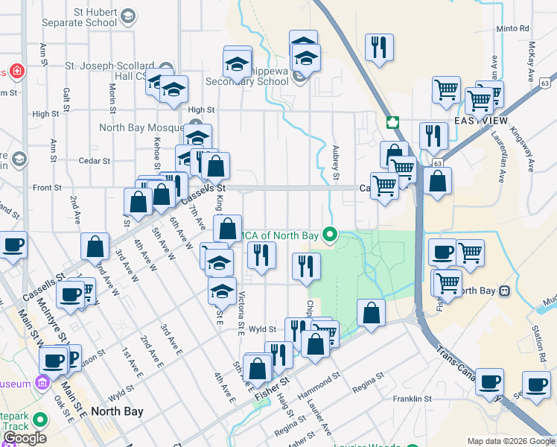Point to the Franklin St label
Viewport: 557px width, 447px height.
413,399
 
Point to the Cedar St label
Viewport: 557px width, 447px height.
94,160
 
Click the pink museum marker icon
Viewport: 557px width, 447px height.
42,384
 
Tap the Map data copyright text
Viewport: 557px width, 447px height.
510,441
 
